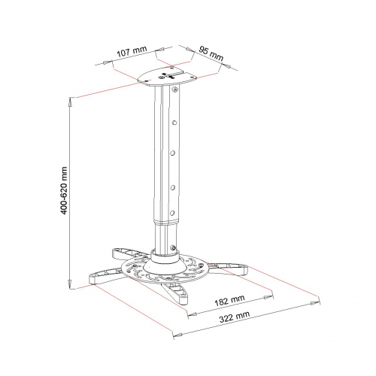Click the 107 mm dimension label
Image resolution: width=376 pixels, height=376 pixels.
coord(132,51)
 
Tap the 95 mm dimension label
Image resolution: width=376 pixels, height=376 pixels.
coord(211,53)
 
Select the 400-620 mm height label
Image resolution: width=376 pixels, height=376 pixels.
coord(65,190)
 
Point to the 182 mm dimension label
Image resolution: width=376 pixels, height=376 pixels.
coord(229,301)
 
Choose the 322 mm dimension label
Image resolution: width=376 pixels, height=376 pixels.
coord(235,317)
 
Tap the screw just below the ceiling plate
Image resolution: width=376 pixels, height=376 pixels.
coord(175,89)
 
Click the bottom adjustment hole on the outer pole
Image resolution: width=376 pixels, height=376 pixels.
coord(172,214)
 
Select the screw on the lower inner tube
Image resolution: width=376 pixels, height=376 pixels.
coord(172,247)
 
